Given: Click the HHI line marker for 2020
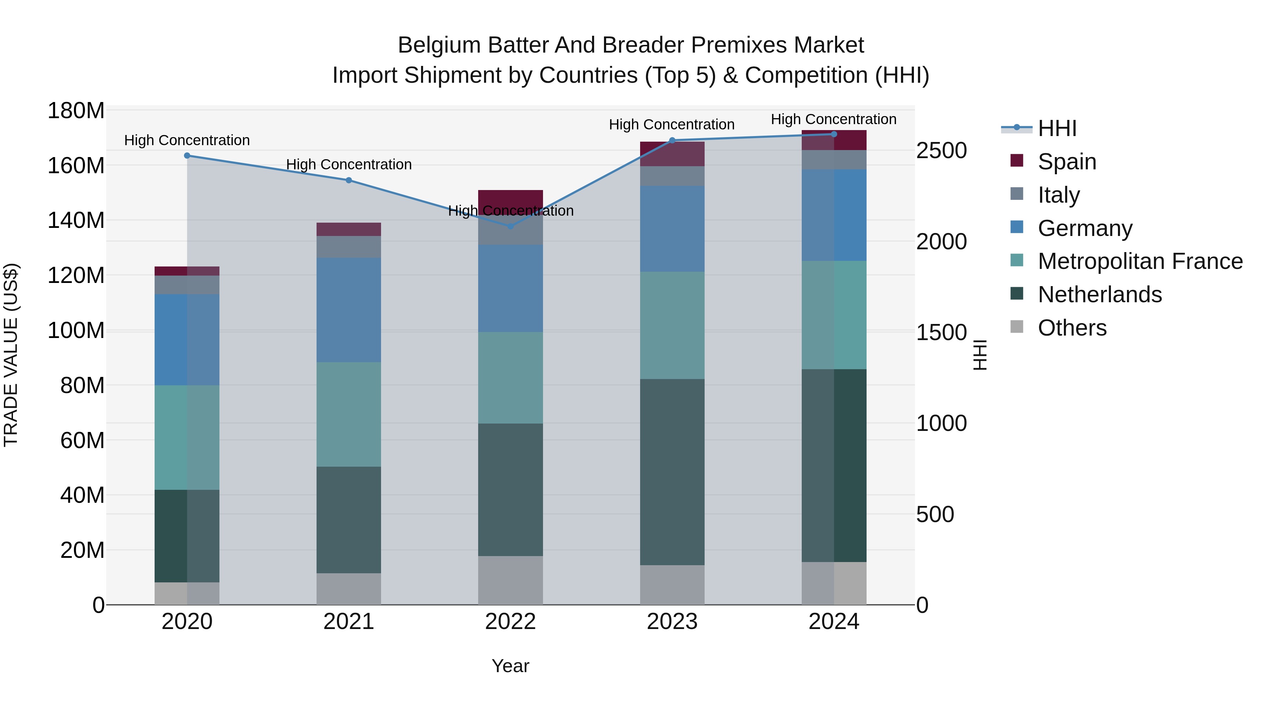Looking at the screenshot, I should coord(187,156).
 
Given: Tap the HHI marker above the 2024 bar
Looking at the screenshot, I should coord(834,134).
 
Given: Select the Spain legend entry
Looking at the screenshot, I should coord(1066,162).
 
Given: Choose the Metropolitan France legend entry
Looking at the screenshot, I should coord(1140,261).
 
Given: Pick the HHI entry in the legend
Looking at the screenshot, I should coord(1057,128).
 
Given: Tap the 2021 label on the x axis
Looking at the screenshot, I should coord(348,622).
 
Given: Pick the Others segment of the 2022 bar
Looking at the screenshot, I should coord(510,580).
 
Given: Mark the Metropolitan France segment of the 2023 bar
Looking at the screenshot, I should coord(672,325).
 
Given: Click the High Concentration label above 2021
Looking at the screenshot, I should coord(348,165).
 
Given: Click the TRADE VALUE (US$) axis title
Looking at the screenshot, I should coord(11,355).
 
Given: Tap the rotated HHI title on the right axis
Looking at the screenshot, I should coord(979,355).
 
